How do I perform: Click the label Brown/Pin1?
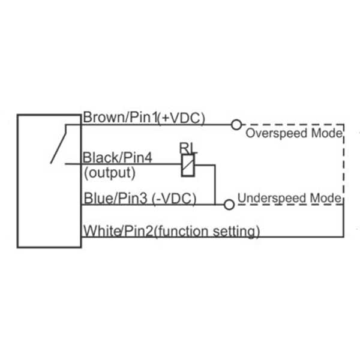pos(119,118)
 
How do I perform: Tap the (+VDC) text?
pos(181,118)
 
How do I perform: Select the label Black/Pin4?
pos(118,158)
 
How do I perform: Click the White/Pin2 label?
pos(118,230)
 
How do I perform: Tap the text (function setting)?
pos(206,230)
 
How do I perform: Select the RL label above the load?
pos(187,148)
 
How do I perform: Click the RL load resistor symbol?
pos(188,164)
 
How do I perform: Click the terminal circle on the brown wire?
pos(236,125)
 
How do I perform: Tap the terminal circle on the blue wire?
pos(228,205)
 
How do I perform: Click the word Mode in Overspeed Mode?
pos(328,133)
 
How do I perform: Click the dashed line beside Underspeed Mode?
pos(288,205)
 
